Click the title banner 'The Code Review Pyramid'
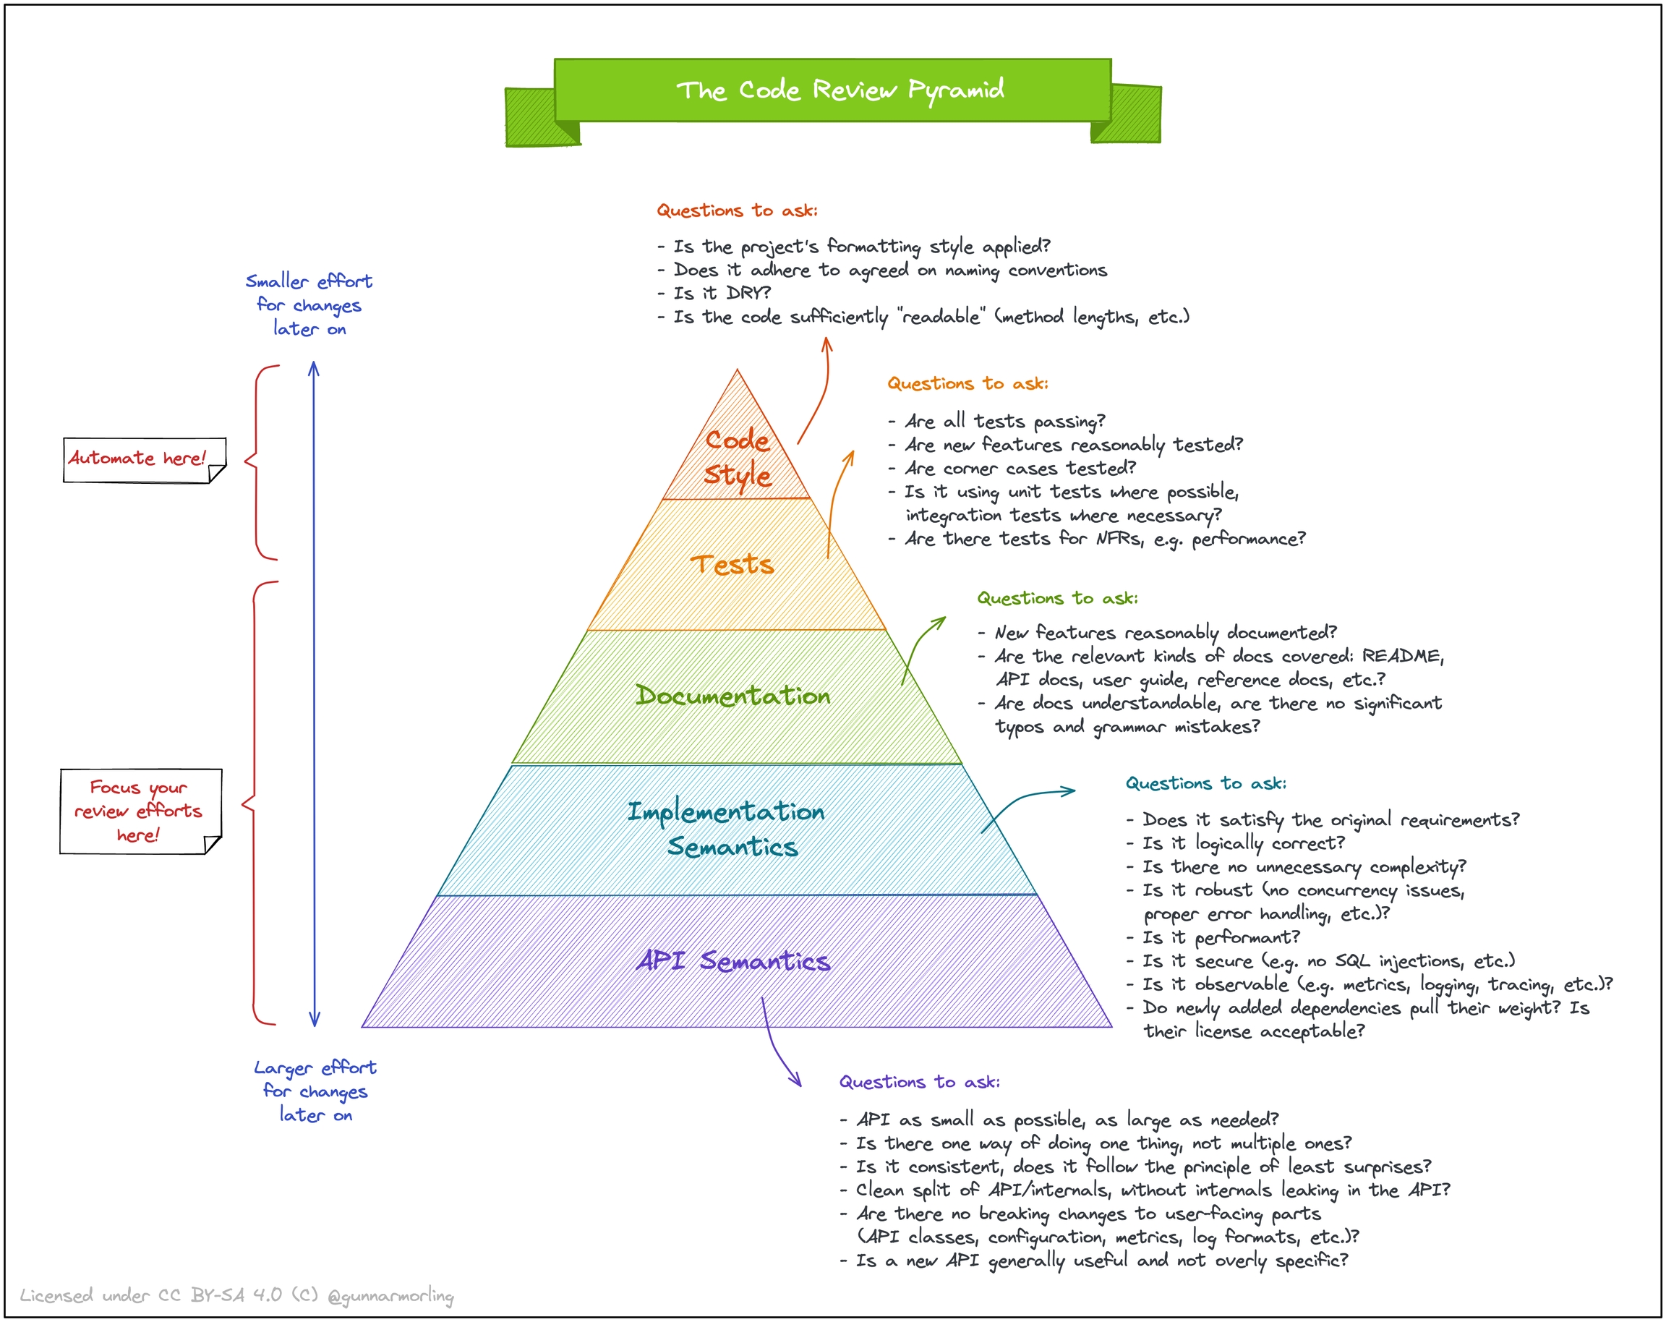click(840, 90)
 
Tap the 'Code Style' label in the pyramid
click(737, 457)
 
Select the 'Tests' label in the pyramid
click(732, 564)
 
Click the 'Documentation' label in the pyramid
click(732, 696)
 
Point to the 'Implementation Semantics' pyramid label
click(727, 828)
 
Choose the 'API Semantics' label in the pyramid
click(733, 960)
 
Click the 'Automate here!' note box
click(137, 459)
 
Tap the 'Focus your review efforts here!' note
click(138, 811)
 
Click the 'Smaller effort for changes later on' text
click(309, 304)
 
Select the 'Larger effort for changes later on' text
click(315, 1091)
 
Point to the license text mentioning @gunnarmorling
click(236, 1296)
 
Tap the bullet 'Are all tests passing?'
click(1004, 421)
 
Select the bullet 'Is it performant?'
click(1221, 937)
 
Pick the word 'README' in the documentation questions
click(1401, 656)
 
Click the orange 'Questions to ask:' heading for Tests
click(967, 383)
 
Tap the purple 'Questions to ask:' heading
click(920, 1082)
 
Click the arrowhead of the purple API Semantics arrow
click(798, 1083)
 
